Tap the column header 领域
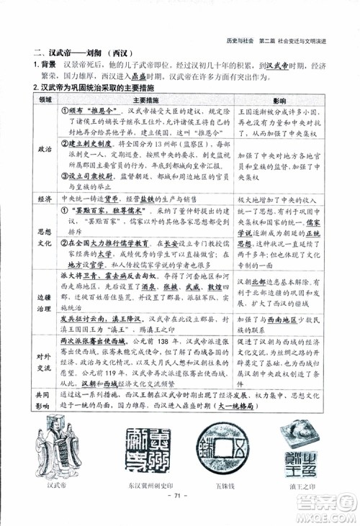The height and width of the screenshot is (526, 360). pos(45,99)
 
